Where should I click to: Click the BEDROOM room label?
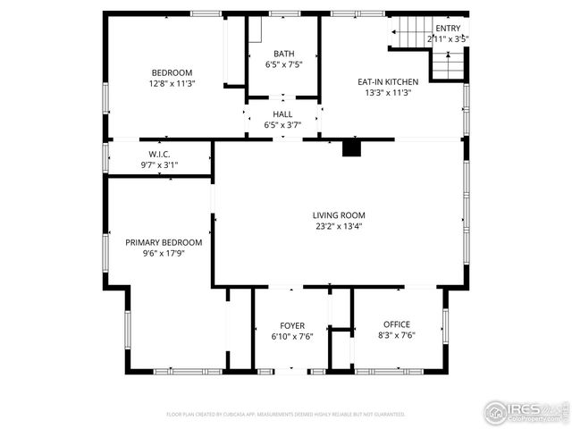pos(172,72)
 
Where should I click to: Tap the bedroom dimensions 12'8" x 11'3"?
pos(172,83)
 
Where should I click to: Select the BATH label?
pos(283,54)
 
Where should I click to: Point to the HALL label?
pos(282,114)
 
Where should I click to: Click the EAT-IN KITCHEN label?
pos(389,81)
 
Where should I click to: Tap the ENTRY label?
pos(448,29)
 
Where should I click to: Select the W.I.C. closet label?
pos(160,154)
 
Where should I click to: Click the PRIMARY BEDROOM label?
pos(164,242)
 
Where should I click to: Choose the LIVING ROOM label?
pos(339,215)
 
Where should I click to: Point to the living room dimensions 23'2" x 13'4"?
pos(339,226)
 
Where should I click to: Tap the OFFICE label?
pos(397,324)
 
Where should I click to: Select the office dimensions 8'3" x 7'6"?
pos(397,335)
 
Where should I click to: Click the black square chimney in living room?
pos(351,148)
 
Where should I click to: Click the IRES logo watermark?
pos(526,411)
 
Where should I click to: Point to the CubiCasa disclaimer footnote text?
pos(286,415)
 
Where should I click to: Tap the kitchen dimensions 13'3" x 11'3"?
pos(389,92)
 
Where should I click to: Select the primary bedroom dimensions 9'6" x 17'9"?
pos(164,253)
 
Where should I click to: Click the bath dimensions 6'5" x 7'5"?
pos(283,64)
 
